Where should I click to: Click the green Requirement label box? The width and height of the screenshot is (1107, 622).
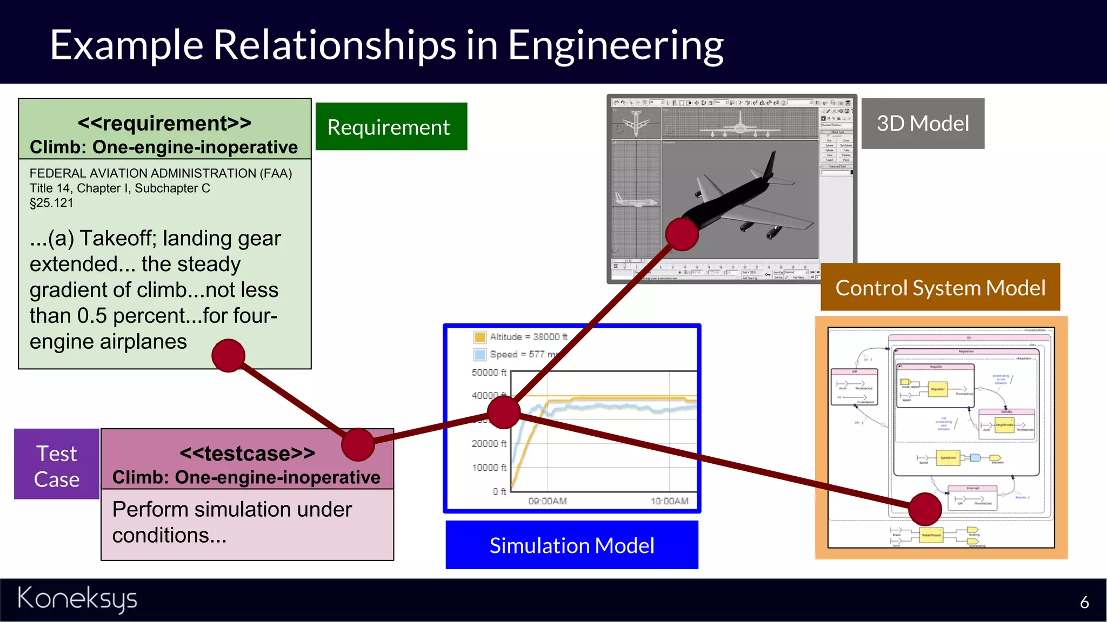[x=391, y=126]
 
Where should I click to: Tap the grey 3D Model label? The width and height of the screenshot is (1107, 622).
[x=922, y=123]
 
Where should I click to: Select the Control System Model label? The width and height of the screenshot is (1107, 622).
[x=939, y=287]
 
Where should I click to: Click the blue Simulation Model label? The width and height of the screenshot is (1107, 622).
[x=571, y=545]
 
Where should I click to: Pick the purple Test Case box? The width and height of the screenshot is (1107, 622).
[x=56, y=464]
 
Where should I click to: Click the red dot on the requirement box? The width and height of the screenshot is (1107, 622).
[x=228, y=355]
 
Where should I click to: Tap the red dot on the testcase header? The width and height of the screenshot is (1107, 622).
[x=358, y=444]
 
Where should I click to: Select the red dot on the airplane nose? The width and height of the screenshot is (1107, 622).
[x=682, y=234]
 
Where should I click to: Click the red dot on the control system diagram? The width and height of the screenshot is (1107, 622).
[x=925, y=509]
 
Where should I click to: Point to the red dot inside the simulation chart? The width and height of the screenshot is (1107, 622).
[x=503, y=411]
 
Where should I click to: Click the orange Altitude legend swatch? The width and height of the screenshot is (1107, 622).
[x=479, y=337]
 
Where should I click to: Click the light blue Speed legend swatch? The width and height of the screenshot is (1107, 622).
[x=479, y=354]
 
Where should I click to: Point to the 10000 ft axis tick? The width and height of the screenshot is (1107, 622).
[x=489, y=467]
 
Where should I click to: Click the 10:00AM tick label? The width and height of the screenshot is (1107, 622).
[x=669, y=501]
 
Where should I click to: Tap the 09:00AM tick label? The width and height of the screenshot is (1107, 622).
[x=547, y=501]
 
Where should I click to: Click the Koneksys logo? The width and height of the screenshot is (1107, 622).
[x=77, y=599]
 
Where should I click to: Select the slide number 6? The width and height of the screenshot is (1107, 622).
[x=1084, y=602]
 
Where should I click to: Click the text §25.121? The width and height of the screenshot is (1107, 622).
[x=51, y=203]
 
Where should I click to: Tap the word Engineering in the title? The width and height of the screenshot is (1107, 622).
[x=615, y=45]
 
